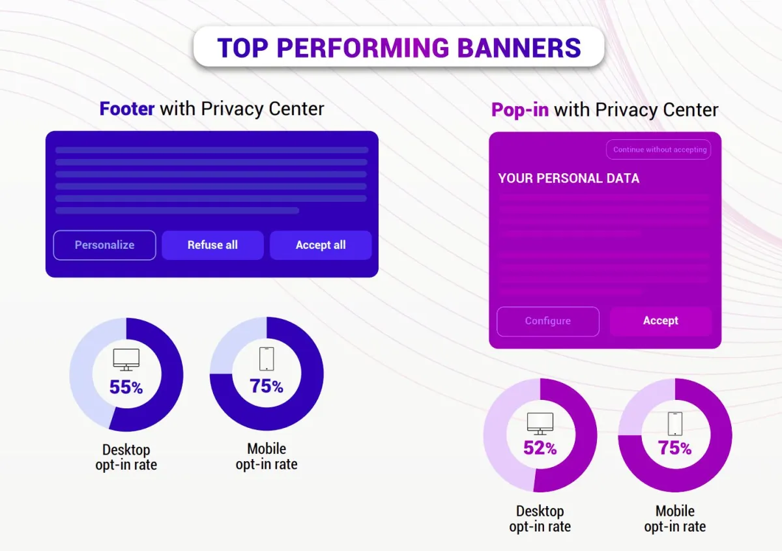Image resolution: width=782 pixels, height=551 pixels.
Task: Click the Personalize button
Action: [104, 245]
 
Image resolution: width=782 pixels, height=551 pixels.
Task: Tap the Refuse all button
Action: [212, 245]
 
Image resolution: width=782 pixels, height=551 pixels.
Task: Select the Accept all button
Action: [321, 245]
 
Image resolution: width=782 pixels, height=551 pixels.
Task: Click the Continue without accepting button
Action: [659, 150]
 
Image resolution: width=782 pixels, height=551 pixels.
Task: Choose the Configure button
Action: [547, 321]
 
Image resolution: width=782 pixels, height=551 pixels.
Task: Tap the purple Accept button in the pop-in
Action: [660, 321]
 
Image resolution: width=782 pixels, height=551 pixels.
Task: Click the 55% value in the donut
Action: [126, 388]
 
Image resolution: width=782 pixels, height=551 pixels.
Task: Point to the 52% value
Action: [540, 448]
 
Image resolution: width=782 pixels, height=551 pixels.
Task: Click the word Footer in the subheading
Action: [127, 109]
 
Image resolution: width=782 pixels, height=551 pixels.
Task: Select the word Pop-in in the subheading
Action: [520, 110]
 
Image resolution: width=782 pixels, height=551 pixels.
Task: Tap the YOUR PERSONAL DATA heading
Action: [568, 178]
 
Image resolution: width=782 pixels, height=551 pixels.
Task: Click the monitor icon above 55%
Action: [126, 360]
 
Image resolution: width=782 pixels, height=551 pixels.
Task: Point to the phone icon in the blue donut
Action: [266, 358]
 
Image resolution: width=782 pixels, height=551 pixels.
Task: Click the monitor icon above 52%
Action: [540, 423]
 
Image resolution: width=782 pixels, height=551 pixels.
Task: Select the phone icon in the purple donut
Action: [674, 423]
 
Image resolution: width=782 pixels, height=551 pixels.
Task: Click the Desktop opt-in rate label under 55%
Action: [126, 457]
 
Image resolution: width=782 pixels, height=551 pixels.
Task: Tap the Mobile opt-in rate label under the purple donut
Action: [674, 519]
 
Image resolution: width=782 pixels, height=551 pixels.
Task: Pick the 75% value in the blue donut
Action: [266, 386]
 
